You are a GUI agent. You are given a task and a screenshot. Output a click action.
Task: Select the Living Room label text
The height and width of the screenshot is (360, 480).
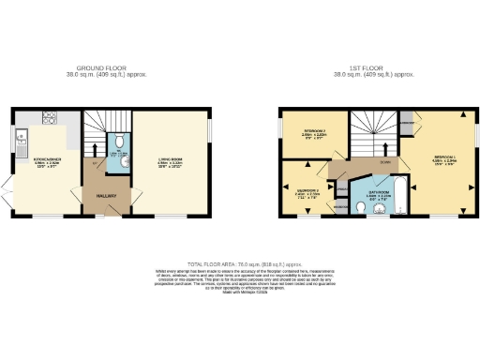coord(169,162)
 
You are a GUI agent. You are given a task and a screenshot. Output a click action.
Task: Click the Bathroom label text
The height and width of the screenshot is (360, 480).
coord(371,195)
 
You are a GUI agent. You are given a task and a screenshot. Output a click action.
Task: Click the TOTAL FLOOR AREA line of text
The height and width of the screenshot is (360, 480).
coord(239,264)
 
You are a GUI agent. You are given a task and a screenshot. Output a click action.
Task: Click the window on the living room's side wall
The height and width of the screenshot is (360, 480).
coord(210,127)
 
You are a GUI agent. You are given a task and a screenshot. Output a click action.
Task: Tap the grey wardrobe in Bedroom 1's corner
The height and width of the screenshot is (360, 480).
coord(406,122)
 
